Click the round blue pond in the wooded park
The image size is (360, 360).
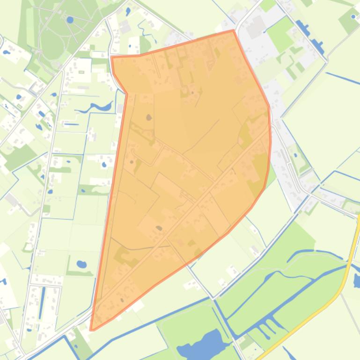(x=70, y=20)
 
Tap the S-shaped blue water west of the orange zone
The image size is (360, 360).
(x=96, y=108)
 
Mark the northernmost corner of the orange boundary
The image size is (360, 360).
(x=233, y=30)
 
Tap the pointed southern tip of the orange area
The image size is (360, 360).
(x=91, y=330)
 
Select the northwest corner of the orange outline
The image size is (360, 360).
(x=112, y=57)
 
